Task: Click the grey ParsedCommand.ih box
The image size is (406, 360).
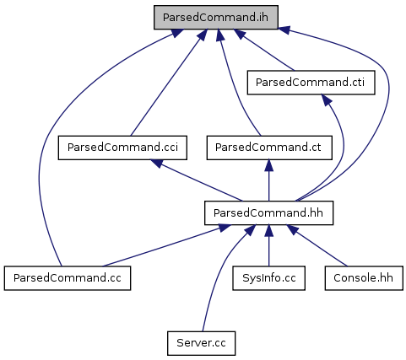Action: (216, 17)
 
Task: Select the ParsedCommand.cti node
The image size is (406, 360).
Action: (311, 83)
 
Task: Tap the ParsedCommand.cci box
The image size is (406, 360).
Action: (122, 148)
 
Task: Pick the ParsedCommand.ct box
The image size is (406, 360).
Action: (269, 148)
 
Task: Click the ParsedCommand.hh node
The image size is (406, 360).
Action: (268, 212)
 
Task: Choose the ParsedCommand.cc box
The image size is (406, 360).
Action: (68, 278)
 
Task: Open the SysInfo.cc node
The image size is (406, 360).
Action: (268, 278)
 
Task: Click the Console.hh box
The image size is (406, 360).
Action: (364, 278)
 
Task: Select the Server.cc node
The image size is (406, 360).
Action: (201, 343)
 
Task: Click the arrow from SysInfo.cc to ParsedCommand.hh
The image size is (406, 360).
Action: (268, 245)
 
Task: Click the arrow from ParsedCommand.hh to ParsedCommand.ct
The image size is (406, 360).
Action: (268, 180)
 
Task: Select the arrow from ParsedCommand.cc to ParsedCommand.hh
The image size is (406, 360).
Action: (166, 245)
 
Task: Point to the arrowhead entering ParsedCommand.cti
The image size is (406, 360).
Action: (327, 100)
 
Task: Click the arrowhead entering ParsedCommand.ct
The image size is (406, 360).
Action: (268, 165)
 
